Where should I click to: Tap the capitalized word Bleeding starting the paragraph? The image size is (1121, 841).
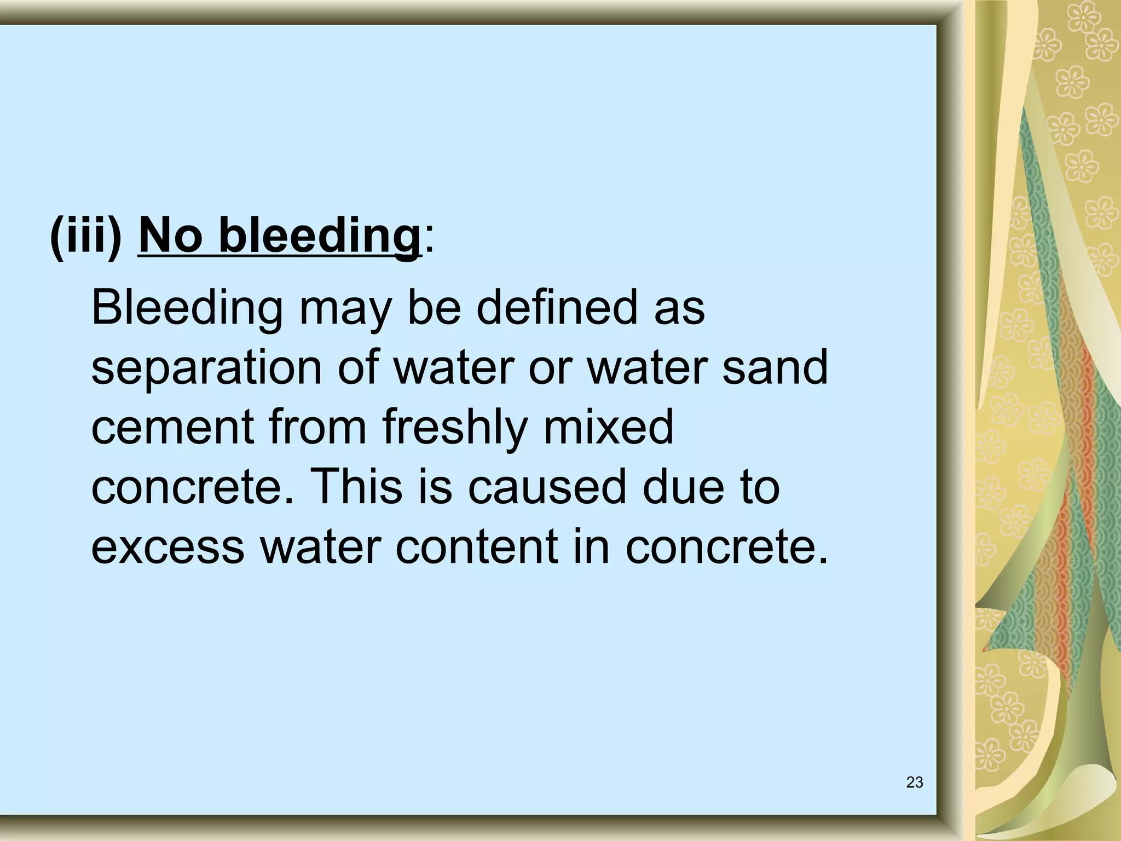tap(187, 308)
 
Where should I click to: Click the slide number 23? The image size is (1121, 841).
tap(915, 782)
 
